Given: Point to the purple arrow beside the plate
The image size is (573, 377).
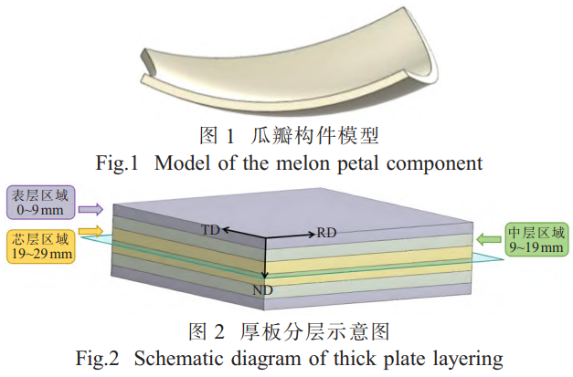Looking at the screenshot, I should tap(91, 208).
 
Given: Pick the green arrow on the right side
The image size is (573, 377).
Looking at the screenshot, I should tap(486, 240).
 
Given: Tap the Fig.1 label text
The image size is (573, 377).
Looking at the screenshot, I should tap(116, 164).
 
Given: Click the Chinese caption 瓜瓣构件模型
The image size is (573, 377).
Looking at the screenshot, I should tap(315, 138).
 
